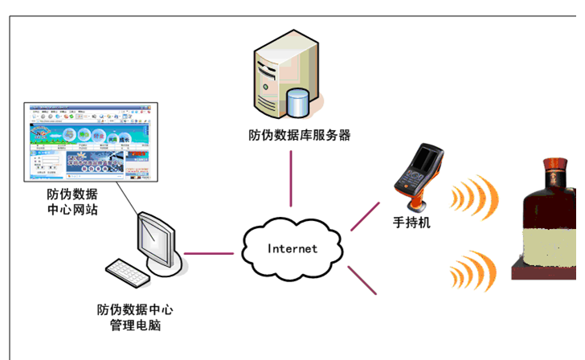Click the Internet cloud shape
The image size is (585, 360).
tap(292, 247)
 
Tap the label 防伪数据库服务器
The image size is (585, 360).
tap(300, 135)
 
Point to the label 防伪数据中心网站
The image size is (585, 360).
tap(73, 202)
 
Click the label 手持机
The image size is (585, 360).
tap(411, 223)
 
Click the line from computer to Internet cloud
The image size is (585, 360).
tap(210, 254)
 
